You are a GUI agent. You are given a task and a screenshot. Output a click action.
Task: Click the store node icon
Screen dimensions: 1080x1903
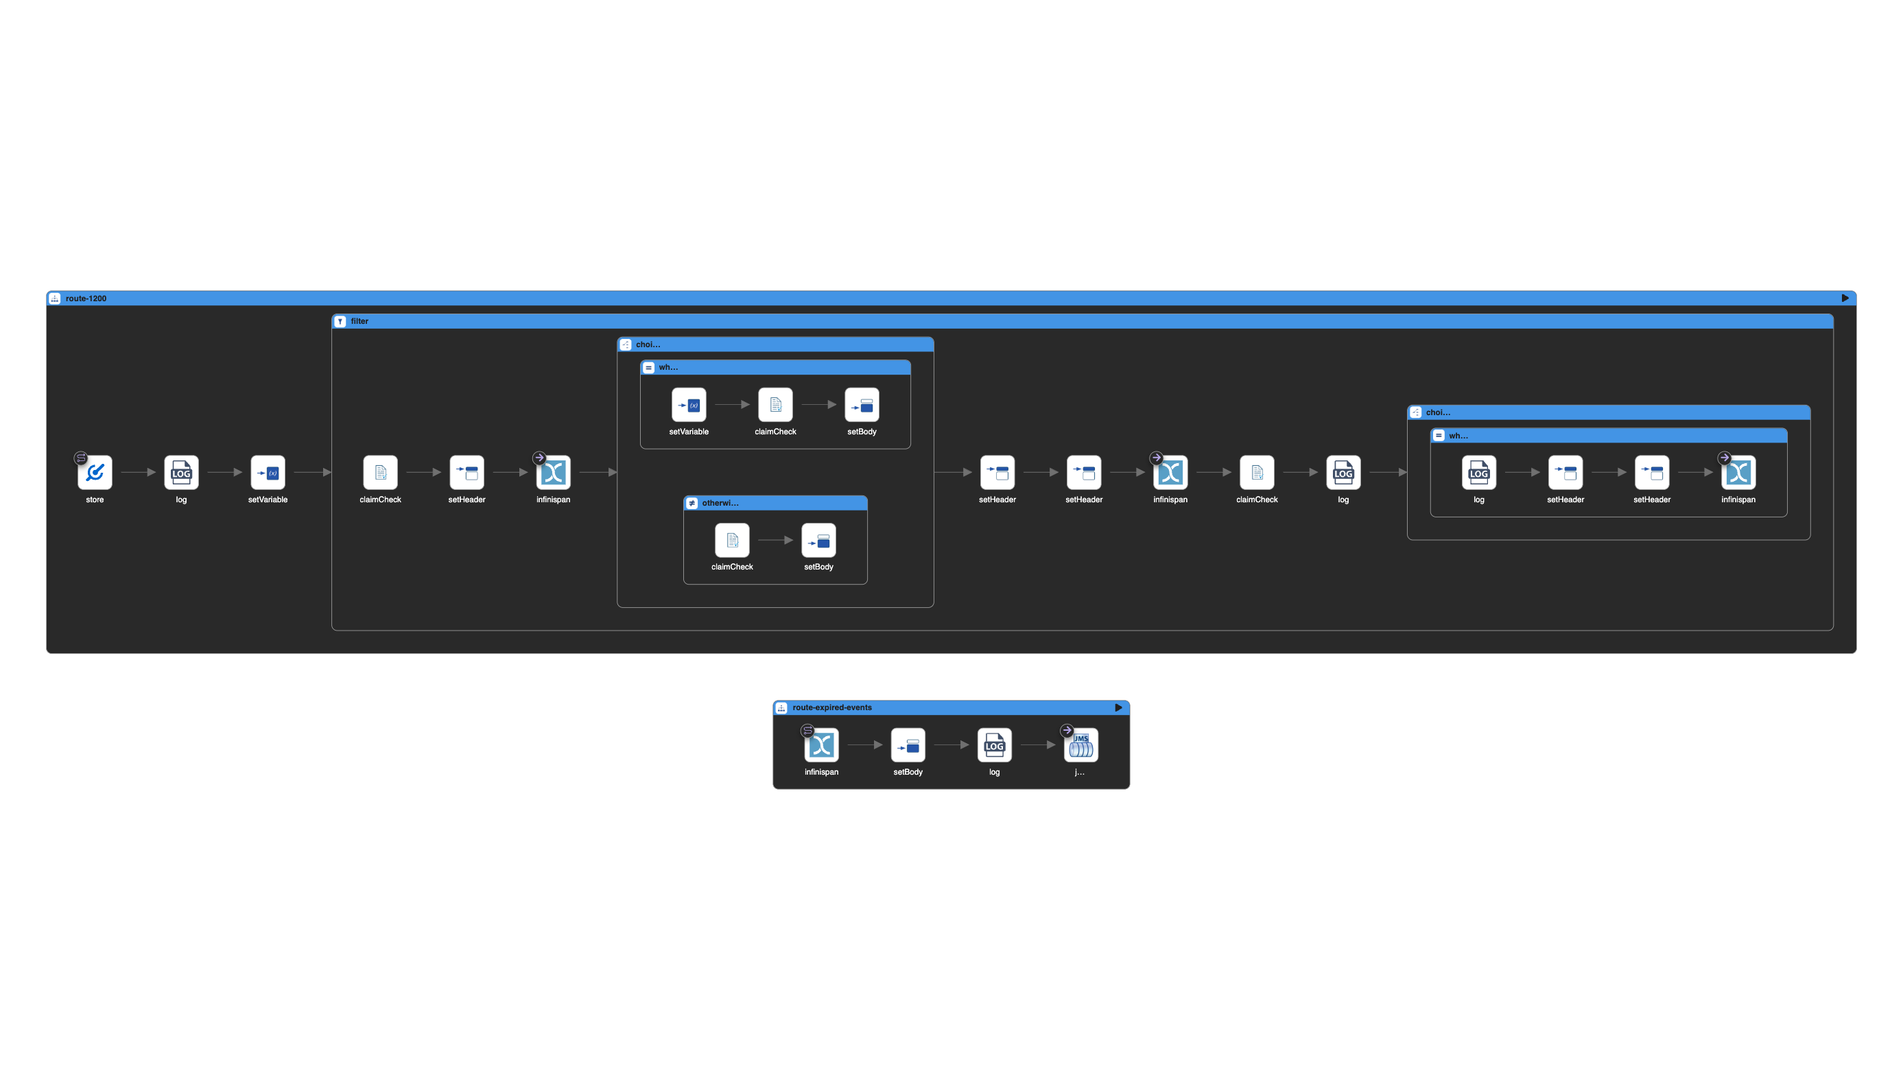tap(95, 473)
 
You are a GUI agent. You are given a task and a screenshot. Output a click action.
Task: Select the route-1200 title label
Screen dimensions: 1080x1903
tap(86, 298)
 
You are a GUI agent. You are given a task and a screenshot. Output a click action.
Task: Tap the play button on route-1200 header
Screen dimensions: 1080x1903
tap(1845, 298)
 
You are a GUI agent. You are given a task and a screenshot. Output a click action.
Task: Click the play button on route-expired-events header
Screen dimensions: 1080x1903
tap(1118, 707)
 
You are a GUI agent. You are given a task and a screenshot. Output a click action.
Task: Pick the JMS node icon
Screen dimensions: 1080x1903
tap(1080, 744)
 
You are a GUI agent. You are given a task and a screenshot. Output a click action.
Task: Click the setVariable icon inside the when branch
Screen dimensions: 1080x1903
tap(688, 405)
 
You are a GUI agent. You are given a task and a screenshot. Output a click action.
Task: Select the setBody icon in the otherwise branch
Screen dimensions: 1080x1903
tap(818, 541)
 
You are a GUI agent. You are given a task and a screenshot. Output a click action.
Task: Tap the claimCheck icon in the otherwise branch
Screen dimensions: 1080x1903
tap(732, 541)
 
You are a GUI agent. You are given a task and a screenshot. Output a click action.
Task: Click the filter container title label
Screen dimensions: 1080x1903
tap(359, 321)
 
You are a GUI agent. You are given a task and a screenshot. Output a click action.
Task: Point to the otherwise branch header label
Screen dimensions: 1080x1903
tap(720, 503)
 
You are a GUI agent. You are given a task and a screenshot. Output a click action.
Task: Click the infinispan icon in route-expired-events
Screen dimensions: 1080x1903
tap(821, 744)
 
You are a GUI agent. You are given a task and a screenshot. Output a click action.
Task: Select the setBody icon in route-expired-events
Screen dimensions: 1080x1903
tap(908, 744)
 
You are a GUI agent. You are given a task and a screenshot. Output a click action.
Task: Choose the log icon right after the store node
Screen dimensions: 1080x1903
tap(181, 473)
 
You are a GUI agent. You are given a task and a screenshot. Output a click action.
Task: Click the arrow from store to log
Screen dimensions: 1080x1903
tap(138, 473)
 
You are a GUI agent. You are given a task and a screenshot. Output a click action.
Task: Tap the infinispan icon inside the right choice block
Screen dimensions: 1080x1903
tap(1738, 473)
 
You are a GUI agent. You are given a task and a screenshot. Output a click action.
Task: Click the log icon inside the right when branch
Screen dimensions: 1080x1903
tap(1478, 473)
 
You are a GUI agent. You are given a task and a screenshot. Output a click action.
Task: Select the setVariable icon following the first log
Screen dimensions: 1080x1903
tap(268, 473)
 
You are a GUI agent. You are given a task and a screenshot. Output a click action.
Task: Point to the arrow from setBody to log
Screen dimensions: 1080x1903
tap(951, 744)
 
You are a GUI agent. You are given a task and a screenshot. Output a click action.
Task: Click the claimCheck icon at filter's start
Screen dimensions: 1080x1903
tap(380, 473)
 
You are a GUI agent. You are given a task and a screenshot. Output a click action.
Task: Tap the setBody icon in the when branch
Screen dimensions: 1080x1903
tap(861, 405)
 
